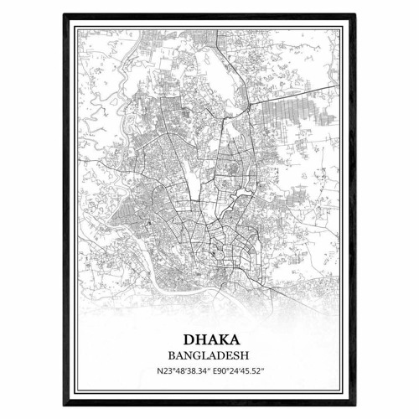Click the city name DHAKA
pyautogui.click(x=209, y=342)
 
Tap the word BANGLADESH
pyautogui.click(x=209, y=355)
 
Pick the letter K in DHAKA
pyautogui.click(x=220, y=342)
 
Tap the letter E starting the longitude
pyautogui.click(x=214, y=370)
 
